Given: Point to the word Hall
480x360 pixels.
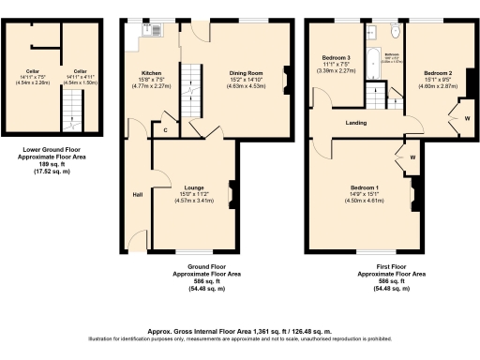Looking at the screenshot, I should [x=136, y=195].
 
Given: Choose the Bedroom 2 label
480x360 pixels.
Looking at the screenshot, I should [x=437, y=73].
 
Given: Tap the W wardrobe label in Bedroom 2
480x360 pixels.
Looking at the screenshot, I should [x=466, y=118].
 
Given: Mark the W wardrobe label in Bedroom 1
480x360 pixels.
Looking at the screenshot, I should [x=412, y=157].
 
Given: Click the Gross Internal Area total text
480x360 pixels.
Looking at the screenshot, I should [x=240, y=331].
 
